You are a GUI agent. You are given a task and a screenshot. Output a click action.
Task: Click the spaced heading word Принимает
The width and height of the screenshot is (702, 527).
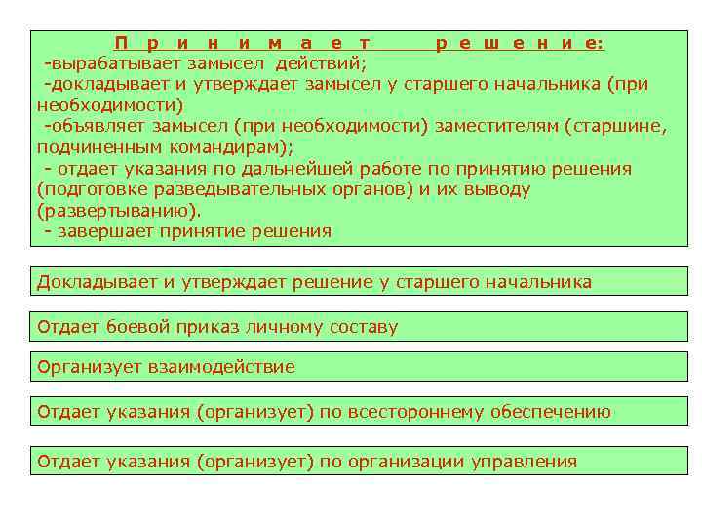pyautogui.click(x=242, y=43)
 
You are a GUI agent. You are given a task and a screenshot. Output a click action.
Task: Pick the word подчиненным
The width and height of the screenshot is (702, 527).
pyautogui.click(x=89, y=147)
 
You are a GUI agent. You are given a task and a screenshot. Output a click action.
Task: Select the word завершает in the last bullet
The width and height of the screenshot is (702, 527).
pyautogui.click(x=102, y=232)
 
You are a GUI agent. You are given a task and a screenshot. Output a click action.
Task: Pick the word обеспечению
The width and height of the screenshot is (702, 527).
pyautogui.click(x=541, y=412)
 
